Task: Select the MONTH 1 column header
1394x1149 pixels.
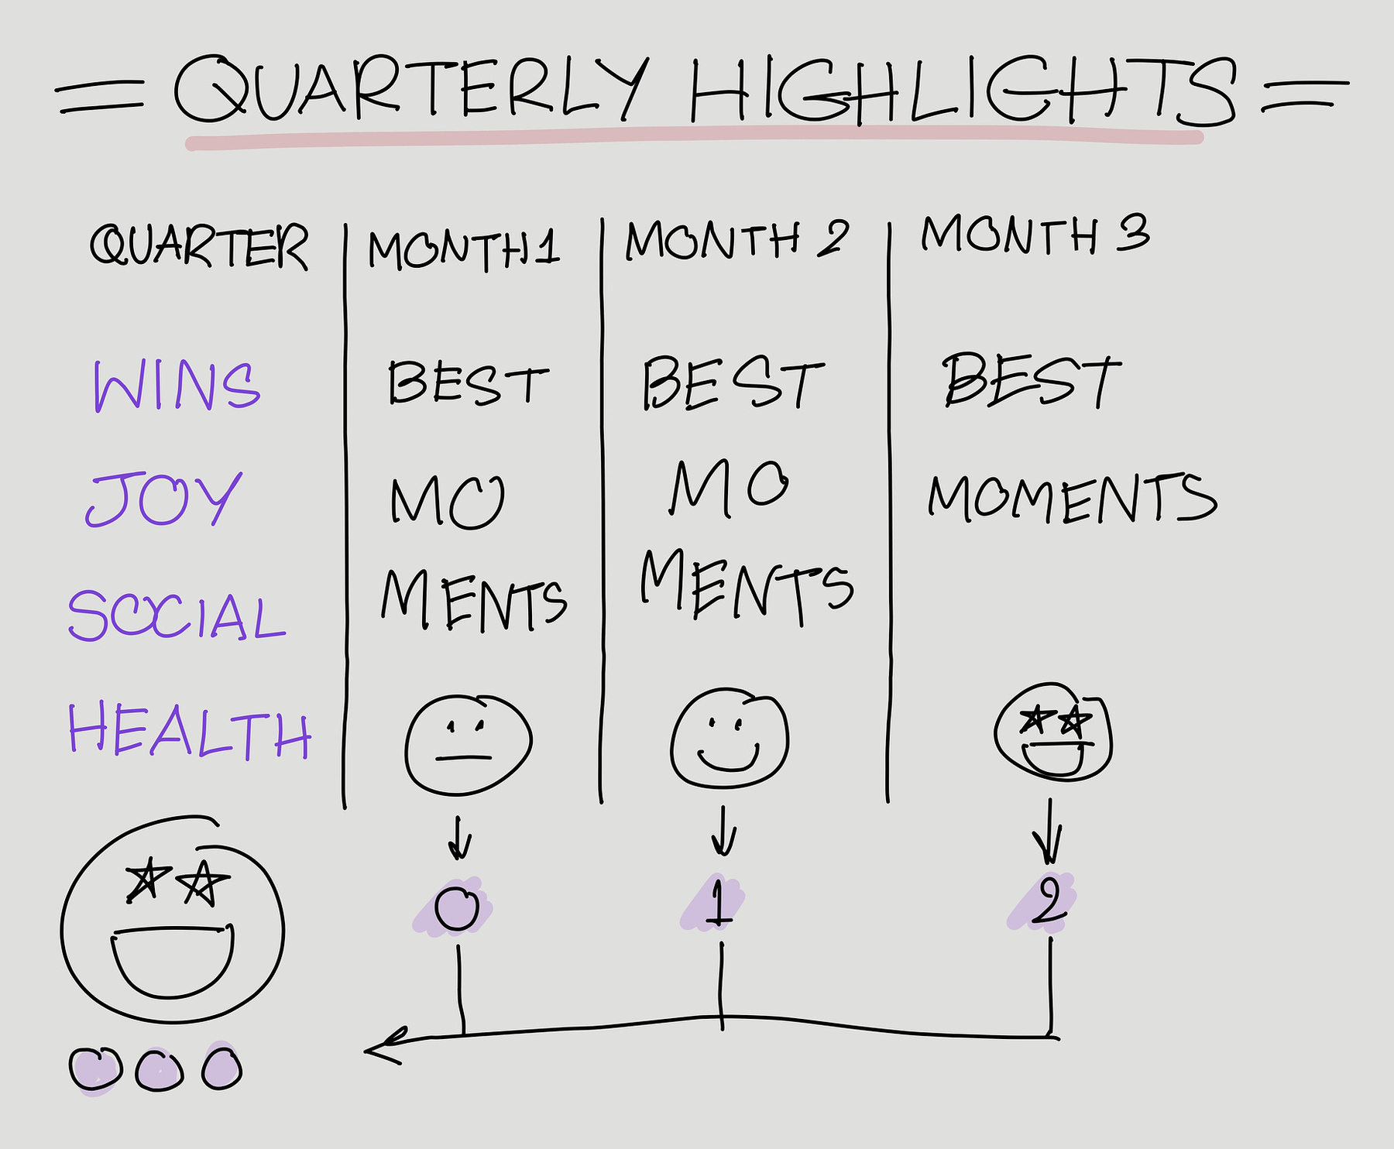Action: (463, 249)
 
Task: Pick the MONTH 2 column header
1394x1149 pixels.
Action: (736, 239)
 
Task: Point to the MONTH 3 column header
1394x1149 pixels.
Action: (1035, 234)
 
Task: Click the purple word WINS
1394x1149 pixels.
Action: (177, 386)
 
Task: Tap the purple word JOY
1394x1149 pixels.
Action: (163, 499)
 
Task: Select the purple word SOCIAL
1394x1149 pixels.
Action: (177, 616)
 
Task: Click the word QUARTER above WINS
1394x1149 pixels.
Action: (199, 245)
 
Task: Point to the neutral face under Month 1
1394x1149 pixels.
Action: (468, 744)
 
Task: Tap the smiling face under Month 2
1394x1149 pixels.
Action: (730, 737)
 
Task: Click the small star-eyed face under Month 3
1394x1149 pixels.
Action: (1053, 732)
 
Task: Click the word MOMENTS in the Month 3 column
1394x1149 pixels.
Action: (1073, 497)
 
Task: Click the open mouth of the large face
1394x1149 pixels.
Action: (172, 962)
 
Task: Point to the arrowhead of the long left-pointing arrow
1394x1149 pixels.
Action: (367, 1051)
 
